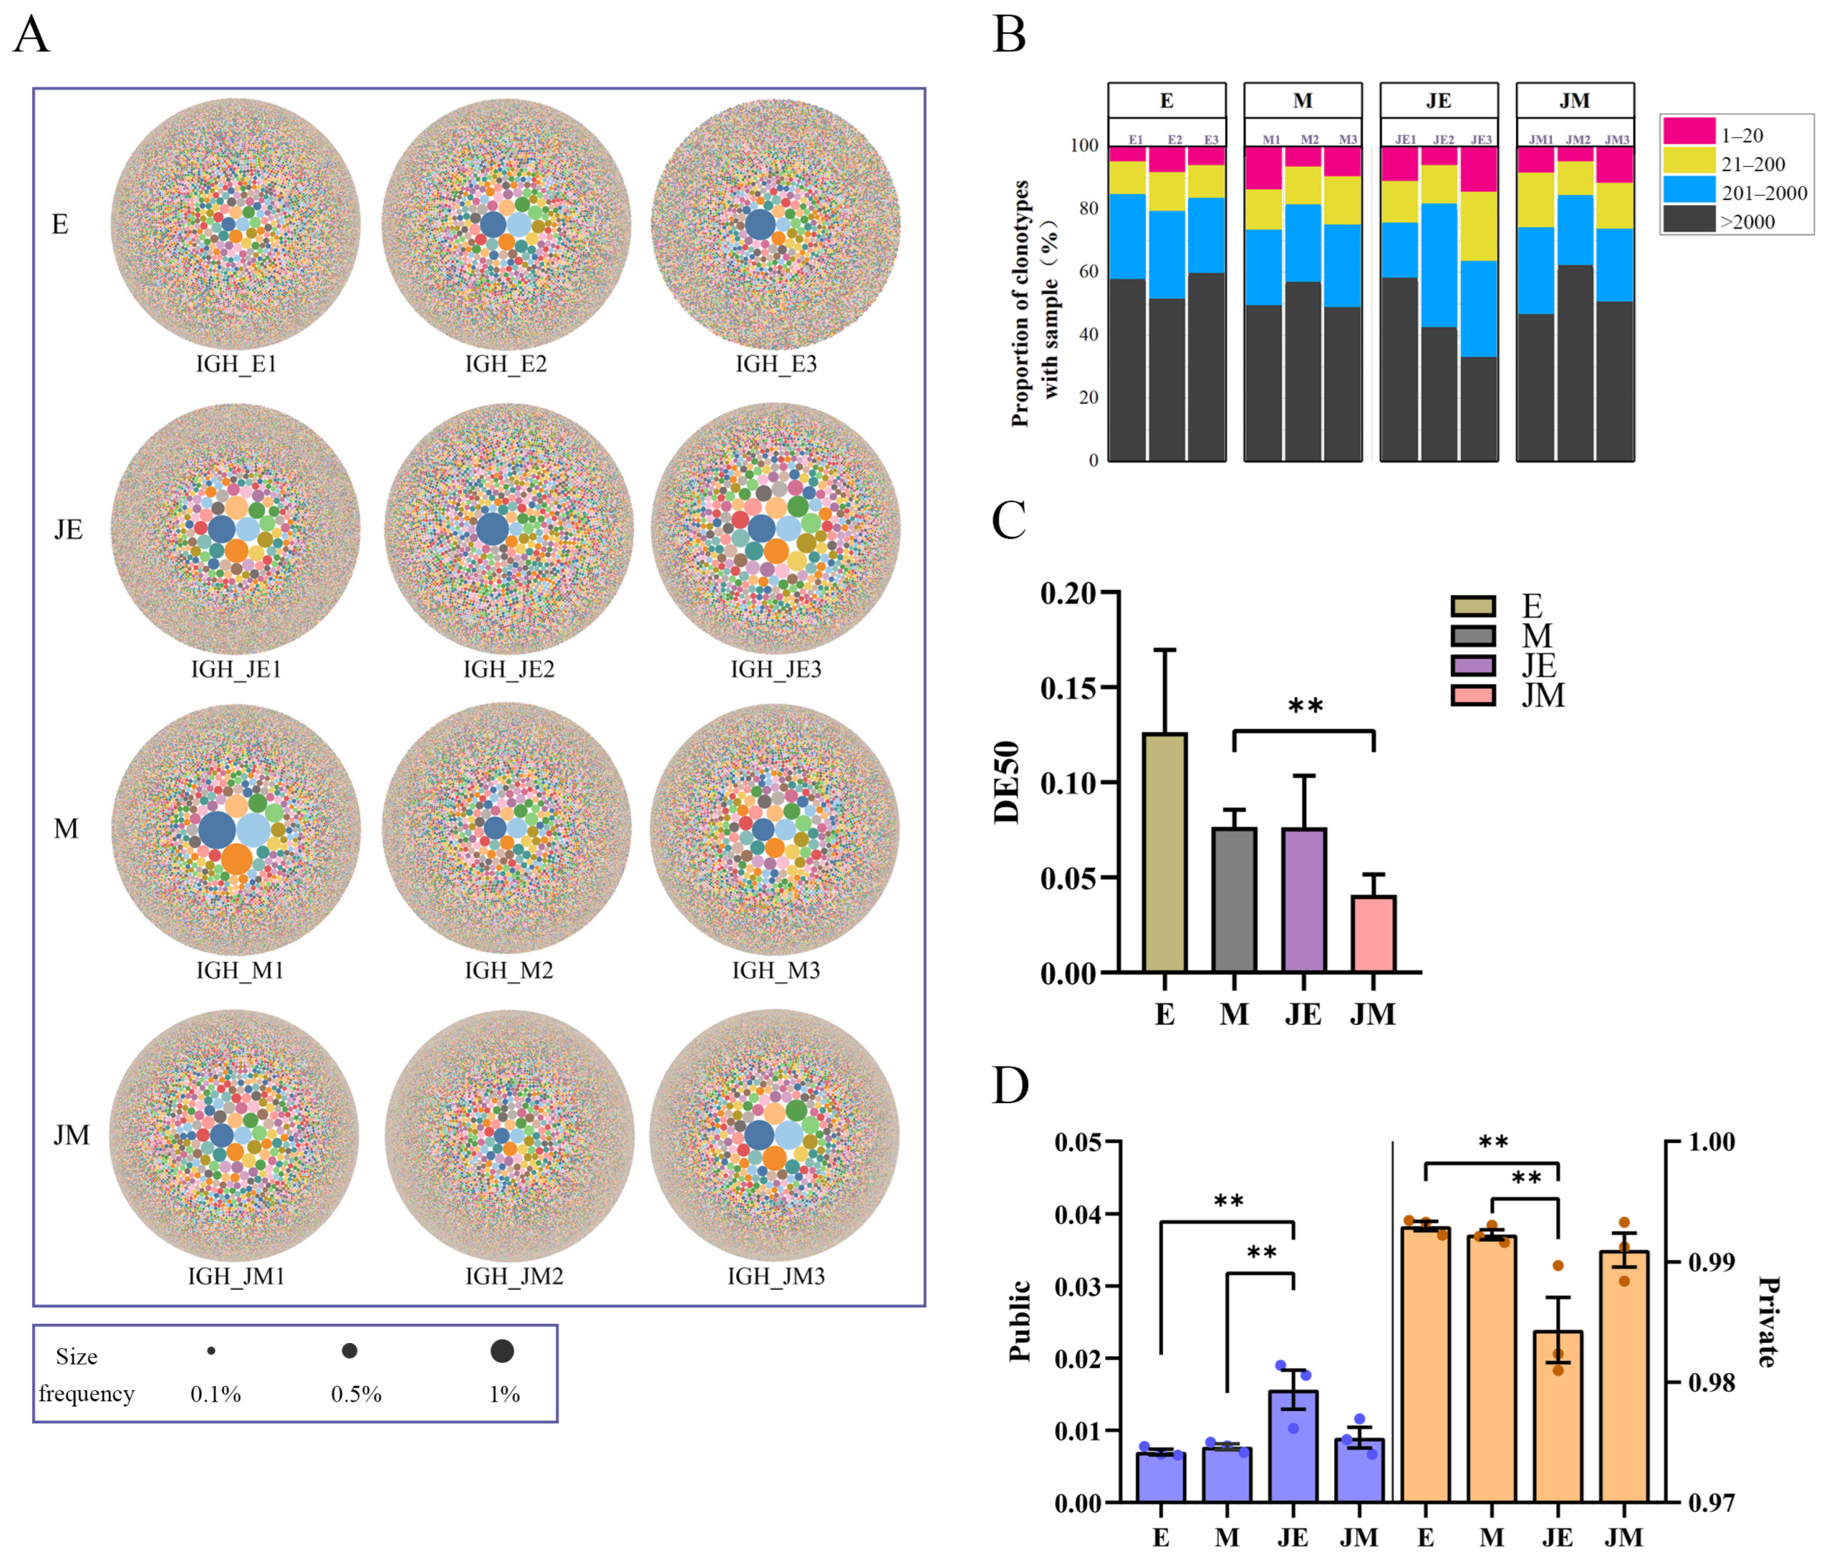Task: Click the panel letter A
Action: click(32, 35)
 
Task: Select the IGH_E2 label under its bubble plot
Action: click(506, 364)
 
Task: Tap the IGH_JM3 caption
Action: click(776, 1275)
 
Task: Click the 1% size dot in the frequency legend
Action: click(502, 1351)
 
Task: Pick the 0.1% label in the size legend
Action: click(216, 1394)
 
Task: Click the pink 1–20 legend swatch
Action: click(1688, 131)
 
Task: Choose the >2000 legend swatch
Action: click(1688, 219)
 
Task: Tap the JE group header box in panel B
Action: click(1438, 100)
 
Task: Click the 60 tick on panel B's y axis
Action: click(1088, 271)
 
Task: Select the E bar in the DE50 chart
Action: click(1165, 852)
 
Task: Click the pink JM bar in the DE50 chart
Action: click(1373, 934)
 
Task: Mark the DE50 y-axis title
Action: click(1008, 782)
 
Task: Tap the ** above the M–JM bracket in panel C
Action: click(1305, 706)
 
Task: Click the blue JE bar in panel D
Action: click(1293, 1446)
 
